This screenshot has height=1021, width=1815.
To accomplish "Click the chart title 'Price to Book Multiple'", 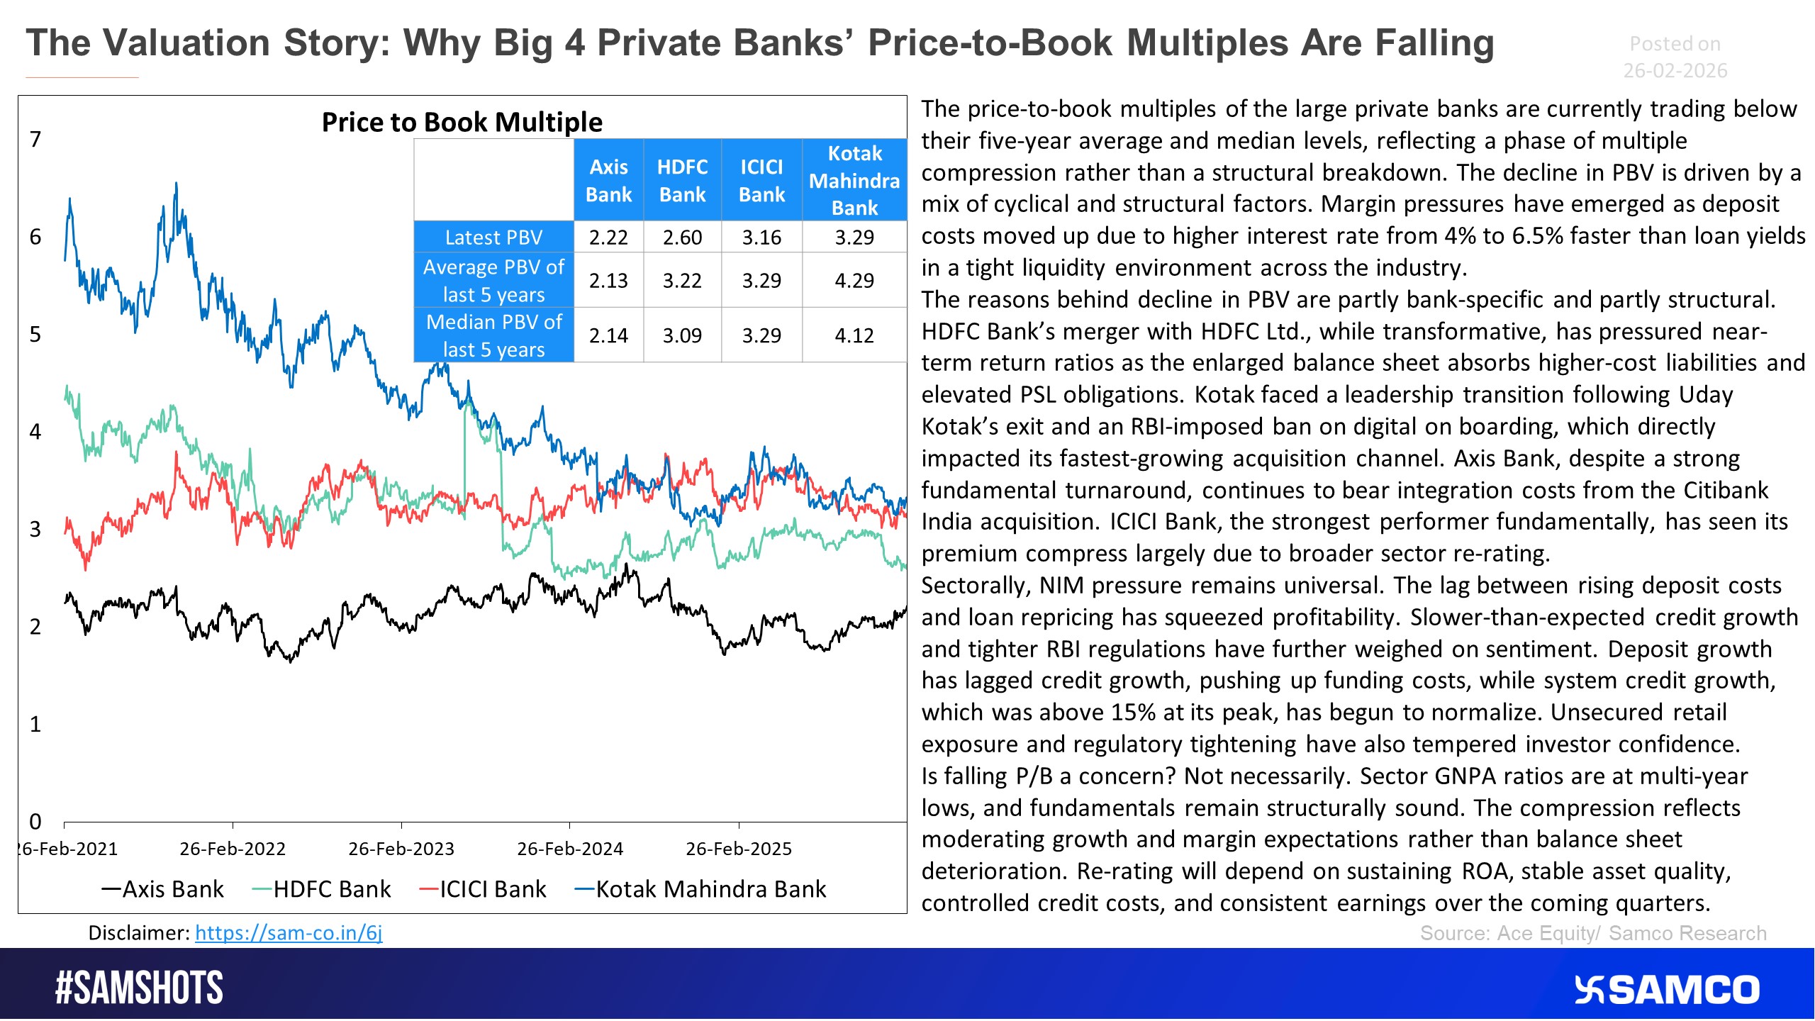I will coord(462,122).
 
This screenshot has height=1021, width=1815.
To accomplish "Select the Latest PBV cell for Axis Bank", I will coord(608,238).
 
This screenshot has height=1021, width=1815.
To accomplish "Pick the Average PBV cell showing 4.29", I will coord(854,281).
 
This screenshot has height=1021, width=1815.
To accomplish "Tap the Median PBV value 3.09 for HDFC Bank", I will coord(682,335).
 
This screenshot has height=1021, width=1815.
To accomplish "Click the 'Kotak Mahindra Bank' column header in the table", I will coord(854,181).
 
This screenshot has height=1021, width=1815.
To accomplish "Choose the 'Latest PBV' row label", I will coord(493,238).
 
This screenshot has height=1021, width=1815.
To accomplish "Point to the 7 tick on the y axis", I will coord(35,140).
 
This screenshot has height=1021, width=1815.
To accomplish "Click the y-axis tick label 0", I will coord(35,822).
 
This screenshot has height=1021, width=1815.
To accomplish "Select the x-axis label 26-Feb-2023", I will coord(401,849).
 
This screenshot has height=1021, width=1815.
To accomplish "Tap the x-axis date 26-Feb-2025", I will coord(739,849).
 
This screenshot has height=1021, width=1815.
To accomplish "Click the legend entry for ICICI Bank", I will coord(484,889).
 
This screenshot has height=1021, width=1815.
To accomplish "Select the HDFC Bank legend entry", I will coord(323,889).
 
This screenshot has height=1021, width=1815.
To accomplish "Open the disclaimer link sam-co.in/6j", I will coord(289,933).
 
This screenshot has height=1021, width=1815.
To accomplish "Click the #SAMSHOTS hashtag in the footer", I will coord(139,988).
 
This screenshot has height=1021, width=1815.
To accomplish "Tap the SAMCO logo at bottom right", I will coord(1667,990).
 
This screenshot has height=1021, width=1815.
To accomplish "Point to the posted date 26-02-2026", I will coord(1675,71).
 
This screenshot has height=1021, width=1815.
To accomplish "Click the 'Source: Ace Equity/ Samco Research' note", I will coord(1593,933).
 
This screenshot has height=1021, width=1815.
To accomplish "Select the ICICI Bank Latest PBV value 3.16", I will coord(761,238).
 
